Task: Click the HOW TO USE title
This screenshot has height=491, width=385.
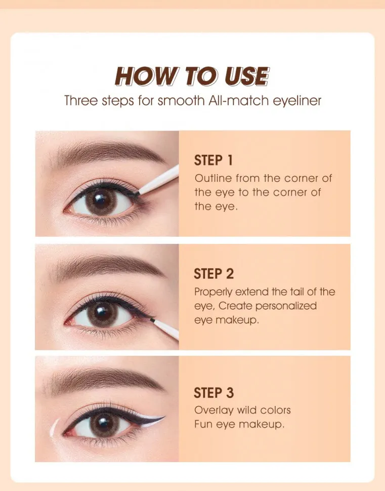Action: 192,76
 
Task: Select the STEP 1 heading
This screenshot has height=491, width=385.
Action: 213,161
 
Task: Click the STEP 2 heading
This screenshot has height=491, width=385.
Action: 213,274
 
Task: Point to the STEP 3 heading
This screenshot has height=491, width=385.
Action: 213,393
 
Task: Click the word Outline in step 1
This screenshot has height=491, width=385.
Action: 210,179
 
